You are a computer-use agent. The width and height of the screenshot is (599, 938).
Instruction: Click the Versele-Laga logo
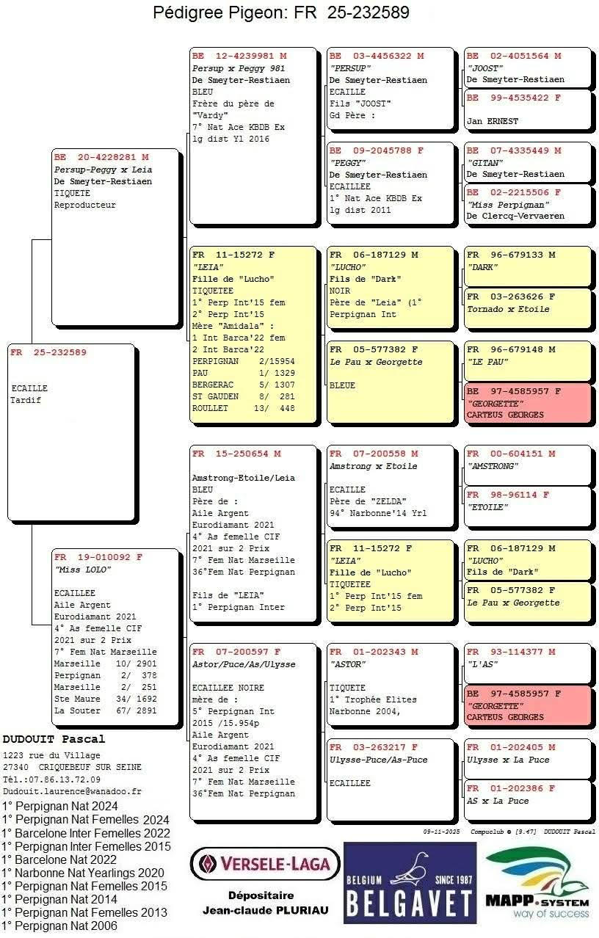coord(265,864)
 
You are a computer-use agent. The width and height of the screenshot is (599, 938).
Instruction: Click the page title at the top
coord(281,12)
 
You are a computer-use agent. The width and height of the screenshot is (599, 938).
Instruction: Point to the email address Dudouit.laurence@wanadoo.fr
coord(72,792)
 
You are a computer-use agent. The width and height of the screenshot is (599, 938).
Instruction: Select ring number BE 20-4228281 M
coord(101,157)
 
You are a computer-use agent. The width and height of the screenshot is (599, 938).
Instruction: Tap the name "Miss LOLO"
coord(79,569)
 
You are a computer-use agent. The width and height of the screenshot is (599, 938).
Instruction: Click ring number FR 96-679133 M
coord(511,255)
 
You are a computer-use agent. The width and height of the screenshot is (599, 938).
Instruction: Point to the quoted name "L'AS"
coord(482,663)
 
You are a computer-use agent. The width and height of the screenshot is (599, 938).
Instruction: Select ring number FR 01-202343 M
coord(374,652)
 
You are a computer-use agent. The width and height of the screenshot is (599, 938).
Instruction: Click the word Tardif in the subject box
coord(26,400)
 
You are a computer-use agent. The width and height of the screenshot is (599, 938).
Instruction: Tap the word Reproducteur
coord(84,206)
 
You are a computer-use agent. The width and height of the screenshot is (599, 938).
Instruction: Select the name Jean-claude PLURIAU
coord(265,911)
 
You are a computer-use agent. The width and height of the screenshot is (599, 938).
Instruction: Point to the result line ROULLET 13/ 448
coord(243,408)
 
